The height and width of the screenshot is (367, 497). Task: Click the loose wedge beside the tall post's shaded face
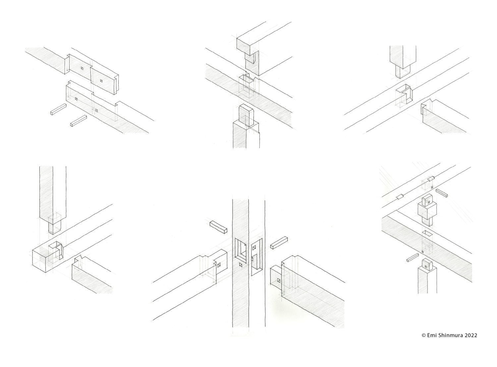[x=218, y=227]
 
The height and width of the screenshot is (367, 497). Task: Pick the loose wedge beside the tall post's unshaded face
[x=279, y=243]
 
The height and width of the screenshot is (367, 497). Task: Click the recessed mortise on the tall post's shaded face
[x=241, y=251]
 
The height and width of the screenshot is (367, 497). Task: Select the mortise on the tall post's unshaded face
[x=256, y=257]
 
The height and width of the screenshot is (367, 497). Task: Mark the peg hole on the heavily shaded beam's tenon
[x=279, y=280]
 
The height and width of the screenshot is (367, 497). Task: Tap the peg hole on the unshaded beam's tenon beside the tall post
[x=219, y=265]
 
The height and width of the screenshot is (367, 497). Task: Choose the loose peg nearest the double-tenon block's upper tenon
[x=442, y=193]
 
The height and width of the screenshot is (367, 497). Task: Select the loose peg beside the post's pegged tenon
[x=413, y=258]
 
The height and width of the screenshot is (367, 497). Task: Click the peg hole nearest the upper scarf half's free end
[x=101, y=81]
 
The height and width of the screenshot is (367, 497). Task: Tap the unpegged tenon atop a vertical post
[x=246, y=116]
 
